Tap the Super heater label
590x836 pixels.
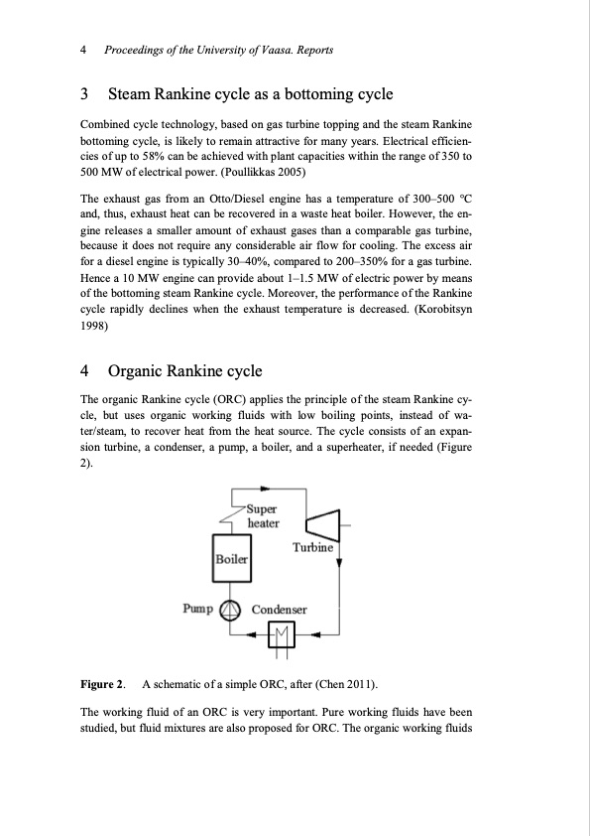[264, 517]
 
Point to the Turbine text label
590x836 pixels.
[313, 548]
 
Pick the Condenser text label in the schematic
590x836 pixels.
[280, 610]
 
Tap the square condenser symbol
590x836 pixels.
[283, 631]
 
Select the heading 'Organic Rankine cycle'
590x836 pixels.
[184, 371]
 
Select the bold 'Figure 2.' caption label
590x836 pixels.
[102, 685]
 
